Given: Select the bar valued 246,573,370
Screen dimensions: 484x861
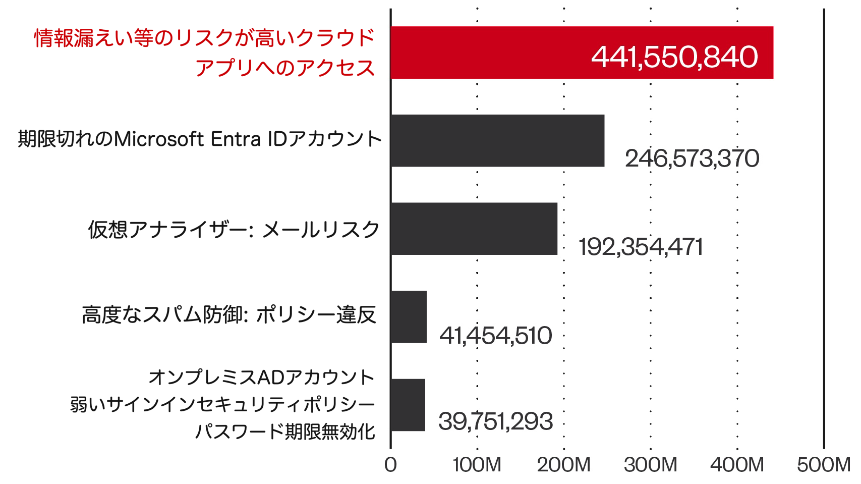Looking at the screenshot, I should point(497,140).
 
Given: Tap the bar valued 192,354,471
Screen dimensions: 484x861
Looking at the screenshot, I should point(474,229).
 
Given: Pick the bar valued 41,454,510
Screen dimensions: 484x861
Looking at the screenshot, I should point(409,317).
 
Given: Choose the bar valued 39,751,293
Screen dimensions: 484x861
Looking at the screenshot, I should point(408,405).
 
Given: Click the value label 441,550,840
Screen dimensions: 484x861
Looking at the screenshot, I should point(674,57).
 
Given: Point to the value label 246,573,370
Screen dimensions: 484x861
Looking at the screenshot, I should point(692,158).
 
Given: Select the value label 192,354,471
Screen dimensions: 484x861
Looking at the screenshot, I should point(641,247).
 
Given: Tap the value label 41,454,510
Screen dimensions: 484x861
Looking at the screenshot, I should point(495,335).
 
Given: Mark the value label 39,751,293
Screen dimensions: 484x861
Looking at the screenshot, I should point(495,421).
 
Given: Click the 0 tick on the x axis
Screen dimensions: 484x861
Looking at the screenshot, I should point(390,465).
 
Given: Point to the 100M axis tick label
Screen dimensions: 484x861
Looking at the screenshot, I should point(477,465).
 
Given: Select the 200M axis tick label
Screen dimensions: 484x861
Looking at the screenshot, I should point(563,465).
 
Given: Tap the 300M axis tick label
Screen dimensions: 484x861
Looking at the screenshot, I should point(650,465).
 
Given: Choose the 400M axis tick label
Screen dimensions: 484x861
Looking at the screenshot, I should point(737,465).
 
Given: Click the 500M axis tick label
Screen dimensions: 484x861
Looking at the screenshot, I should point(824,465).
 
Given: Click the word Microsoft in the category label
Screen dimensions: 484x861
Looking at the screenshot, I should point(159,139).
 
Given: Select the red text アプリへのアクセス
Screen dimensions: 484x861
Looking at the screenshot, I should point(285,68).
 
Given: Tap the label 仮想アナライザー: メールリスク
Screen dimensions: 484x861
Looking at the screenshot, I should point(234,230).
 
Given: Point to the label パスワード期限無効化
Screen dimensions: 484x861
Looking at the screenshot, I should point(285,432).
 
